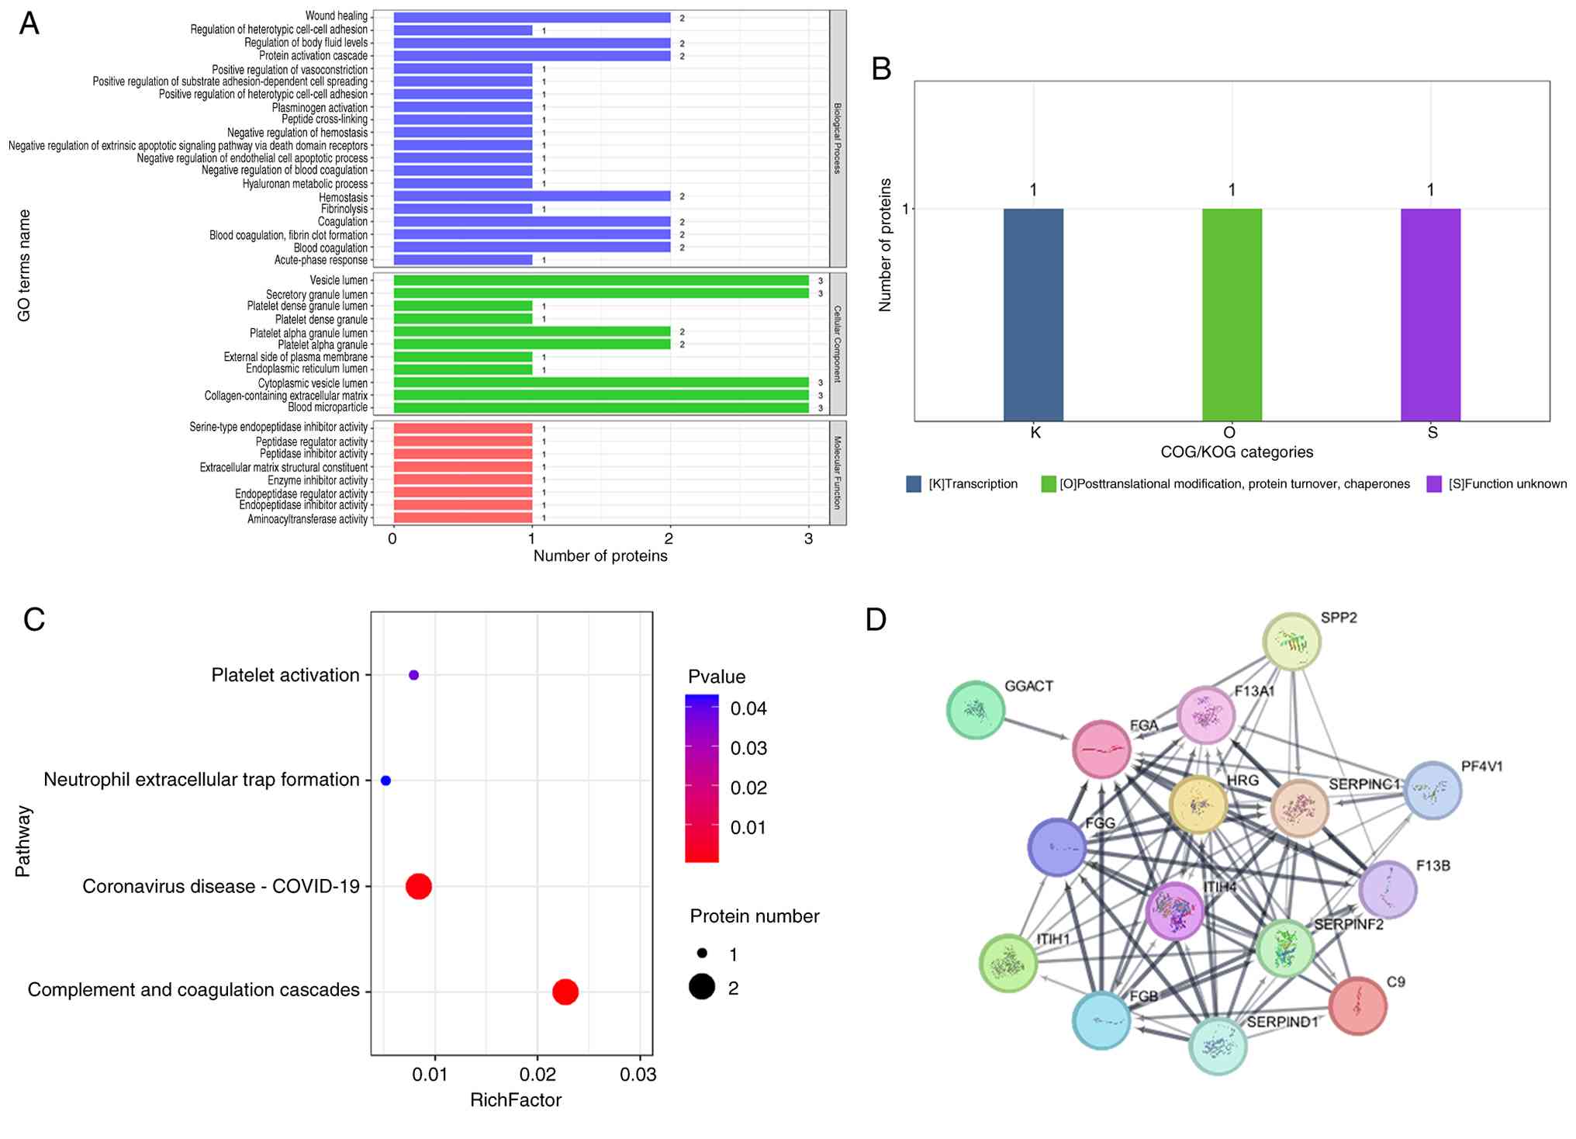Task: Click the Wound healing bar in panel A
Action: (x=531, y=17)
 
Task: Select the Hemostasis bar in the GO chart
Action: (x=531, y=196)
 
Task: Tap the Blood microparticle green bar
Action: (x=601, y=408)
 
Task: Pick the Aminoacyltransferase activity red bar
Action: (x=463, y=518)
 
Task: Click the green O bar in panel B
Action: (x=1232, y=314)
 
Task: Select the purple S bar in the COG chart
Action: (x=1430, y=314)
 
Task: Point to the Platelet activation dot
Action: (x=413, y=675)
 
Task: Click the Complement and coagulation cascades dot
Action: (x=565, y=992)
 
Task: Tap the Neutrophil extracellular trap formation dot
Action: (x=385, y=781)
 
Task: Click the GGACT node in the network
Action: (x=976, y=710)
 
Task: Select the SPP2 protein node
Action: (x=1291, y=642)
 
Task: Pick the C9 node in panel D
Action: (x=1357, y=1006)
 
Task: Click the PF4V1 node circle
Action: (x=1433, y=791)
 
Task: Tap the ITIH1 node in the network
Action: (x=1008, y=964)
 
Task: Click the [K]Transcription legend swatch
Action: (x=914, y=484)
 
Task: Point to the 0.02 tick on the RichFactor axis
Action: (x=537, y=1074)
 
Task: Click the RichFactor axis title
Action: (x=516, y=1100)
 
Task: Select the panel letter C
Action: (x=34, y=619)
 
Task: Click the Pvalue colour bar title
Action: (x=717, y=677)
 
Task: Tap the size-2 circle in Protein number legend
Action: (x=702, y=987)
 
